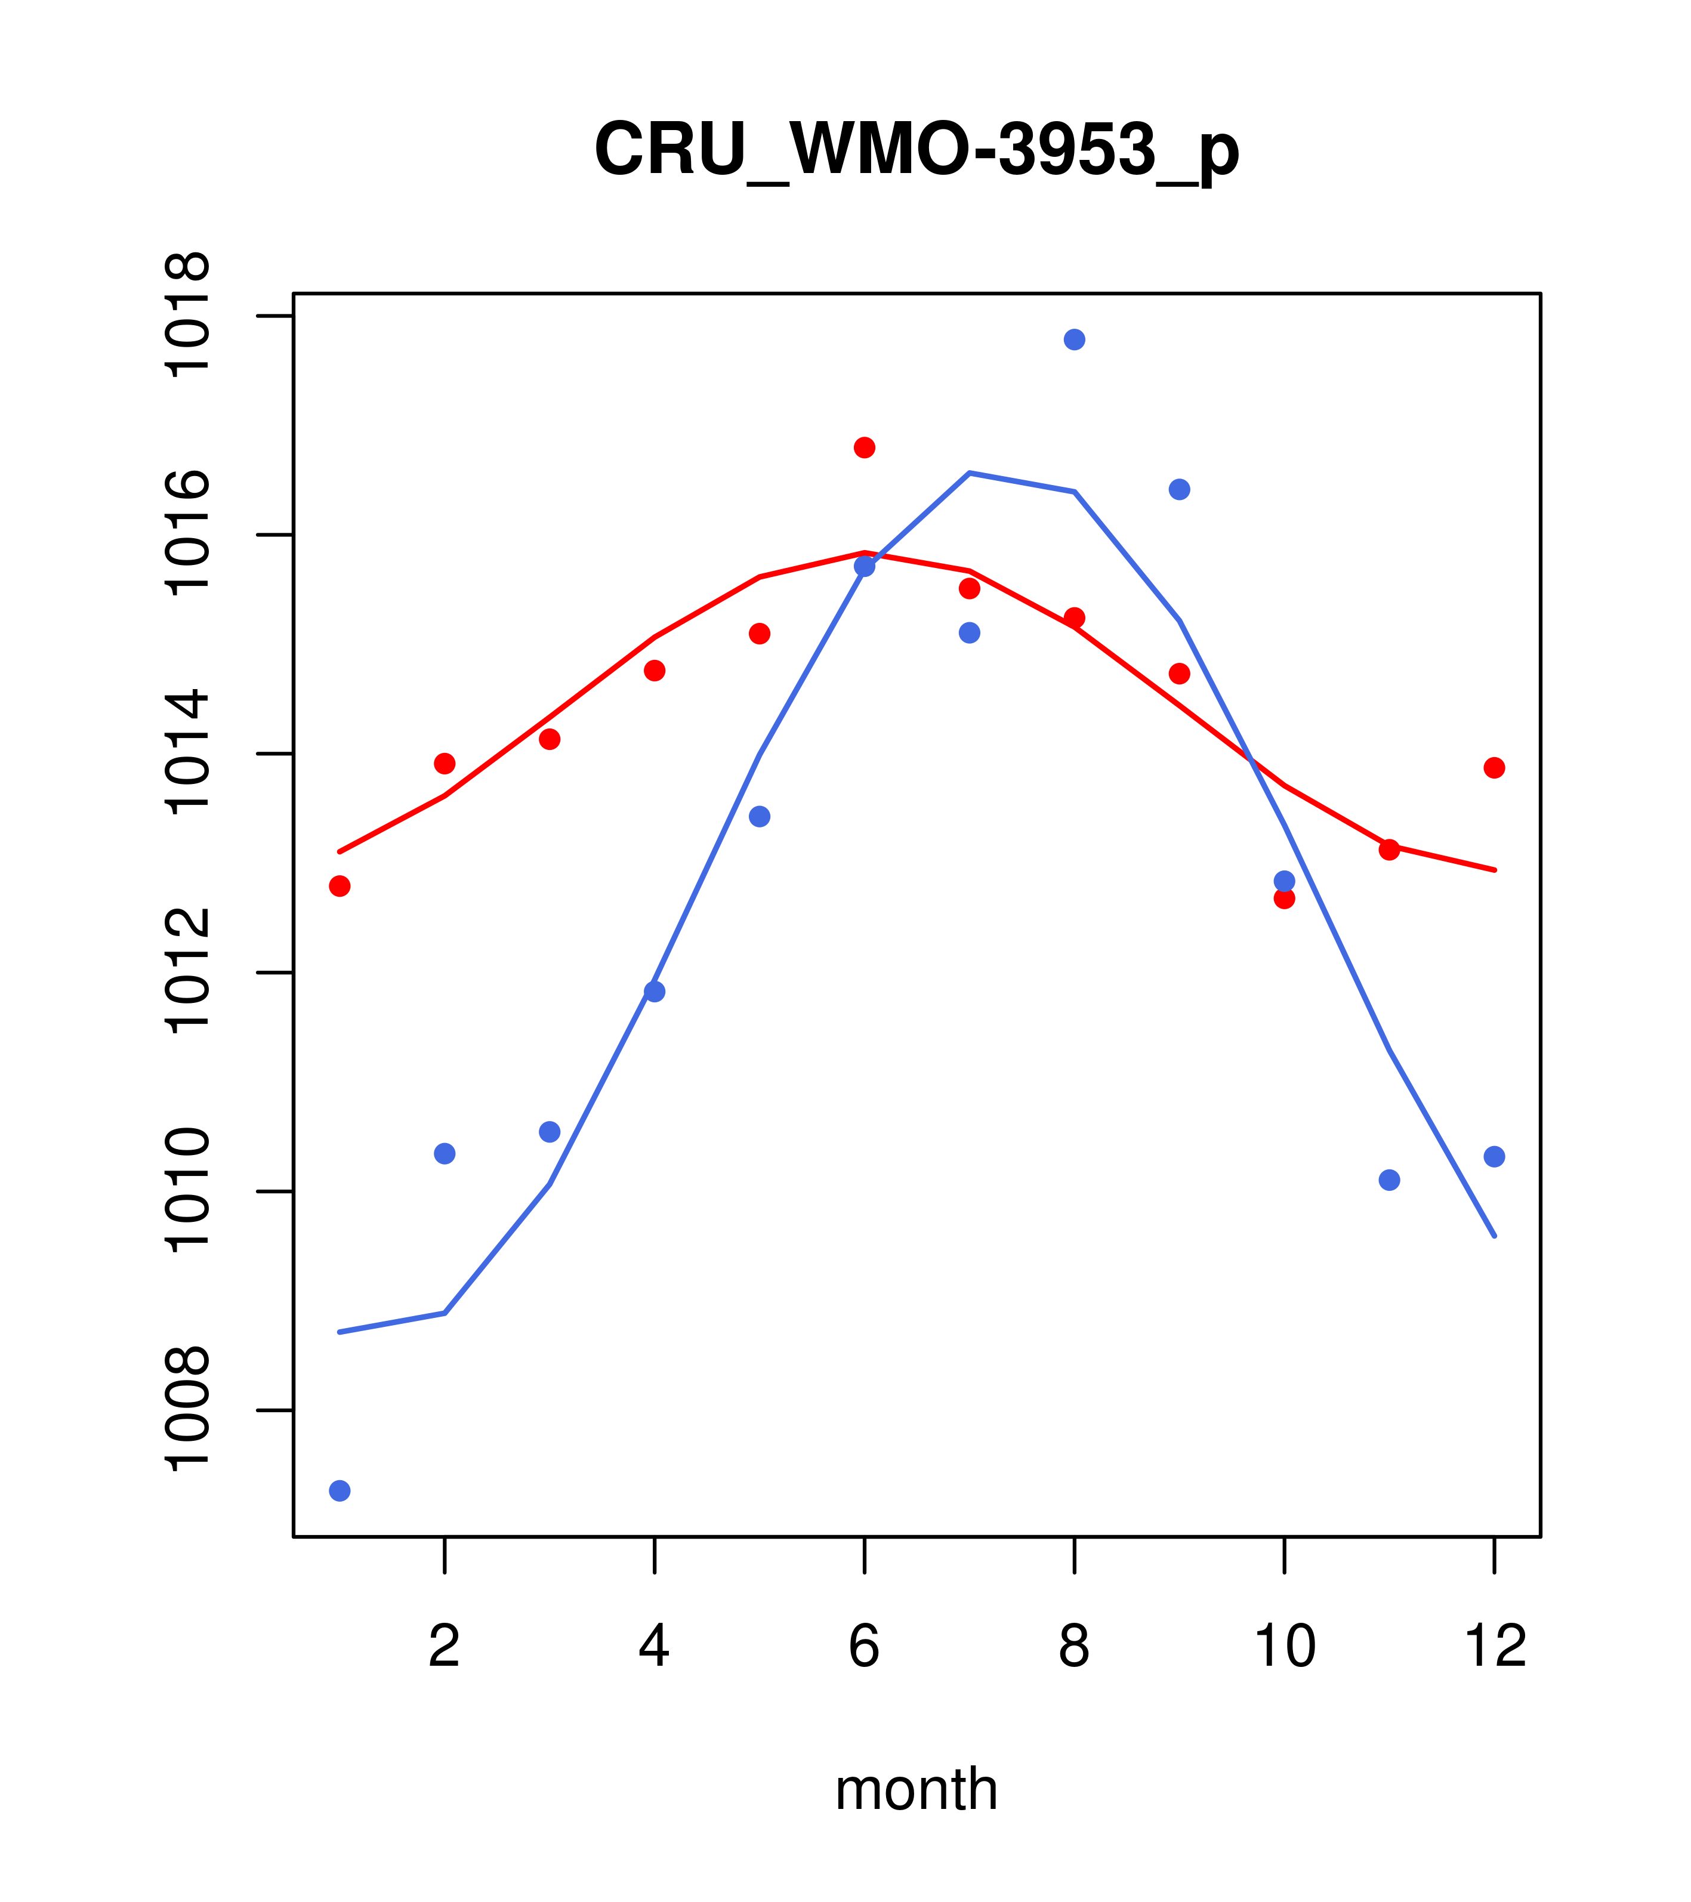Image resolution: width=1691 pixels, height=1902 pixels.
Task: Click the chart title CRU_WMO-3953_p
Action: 916,149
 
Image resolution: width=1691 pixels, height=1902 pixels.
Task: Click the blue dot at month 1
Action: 340,1491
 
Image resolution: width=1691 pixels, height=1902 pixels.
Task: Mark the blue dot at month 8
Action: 1074,339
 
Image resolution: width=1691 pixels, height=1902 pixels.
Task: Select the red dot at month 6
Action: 865,447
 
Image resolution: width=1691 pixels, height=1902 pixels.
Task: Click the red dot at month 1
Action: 340,886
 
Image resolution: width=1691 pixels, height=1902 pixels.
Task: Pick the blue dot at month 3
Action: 550,1132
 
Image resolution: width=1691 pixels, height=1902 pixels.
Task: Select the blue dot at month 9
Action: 1179,489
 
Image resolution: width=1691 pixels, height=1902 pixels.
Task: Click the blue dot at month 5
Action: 760,816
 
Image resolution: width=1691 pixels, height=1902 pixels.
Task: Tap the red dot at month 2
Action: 445,763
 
